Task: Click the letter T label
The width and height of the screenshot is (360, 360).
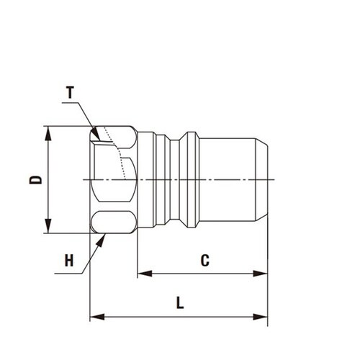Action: click(71, 93)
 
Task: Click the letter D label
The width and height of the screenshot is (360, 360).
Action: click(35, 180)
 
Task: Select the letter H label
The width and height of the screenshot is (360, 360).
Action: click(69, 261)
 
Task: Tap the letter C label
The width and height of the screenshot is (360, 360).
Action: click(205, 261)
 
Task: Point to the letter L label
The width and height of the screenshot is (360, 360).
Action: click(180, 302)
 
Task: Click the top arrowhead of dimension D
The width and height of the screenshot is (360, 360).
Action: click(48, 133)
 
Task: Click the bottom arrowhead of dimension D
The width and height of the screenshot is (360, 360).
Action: click(48, 225)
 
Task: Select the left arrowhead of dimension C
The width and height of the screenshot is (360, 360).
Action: click(145, 274)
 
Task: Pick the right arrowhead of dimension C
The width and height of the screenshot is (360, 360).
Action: click(260, 274)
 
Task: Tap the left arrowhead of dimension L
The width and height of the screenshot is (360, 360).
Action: click(97, 317)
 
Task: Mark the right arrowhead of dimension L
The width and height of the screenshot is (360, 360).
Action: click(260, 317)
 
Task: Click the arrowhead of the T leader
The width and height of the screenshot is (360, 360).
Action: click(96, 135)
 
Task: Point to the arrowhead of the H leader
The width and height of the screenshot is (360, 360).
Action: click(102, 240)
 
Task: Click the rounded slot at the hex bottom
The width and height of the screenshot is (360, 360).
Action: click(113, 222)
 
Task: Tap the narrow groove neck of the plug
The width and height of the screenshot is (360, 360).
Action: click(175, 179)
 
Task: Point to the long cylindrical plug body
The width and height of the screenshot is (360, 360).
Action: click(227, 179)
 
